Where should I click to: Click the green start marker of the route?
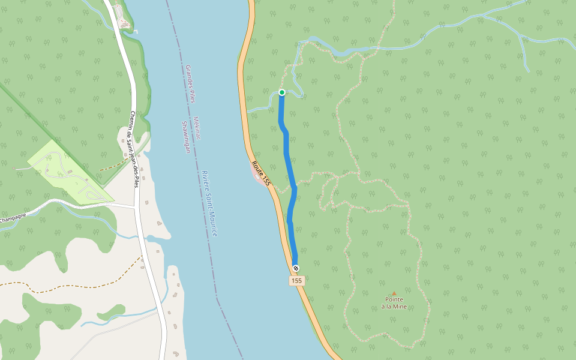coord(281,92)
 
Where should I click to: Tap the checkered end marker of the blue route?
coord(296,268)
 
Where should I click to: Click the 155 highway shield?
coord(296,281)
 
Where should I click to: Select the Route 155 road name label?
coord(262,173)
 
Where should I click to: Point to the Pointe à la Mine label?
coord(394,302)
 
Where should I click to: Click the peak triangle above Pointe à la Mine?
coord(394,293)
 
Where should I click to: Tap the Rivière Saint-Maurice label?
coord(209,203)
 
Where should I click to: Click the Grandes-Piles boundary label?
coord(190,84)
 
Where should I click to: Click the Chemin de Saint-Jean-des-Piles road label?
coord(134,149)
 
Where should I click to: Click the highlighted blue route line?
coord(288,156)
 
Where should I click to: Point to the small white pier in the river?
coord(136,31)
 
